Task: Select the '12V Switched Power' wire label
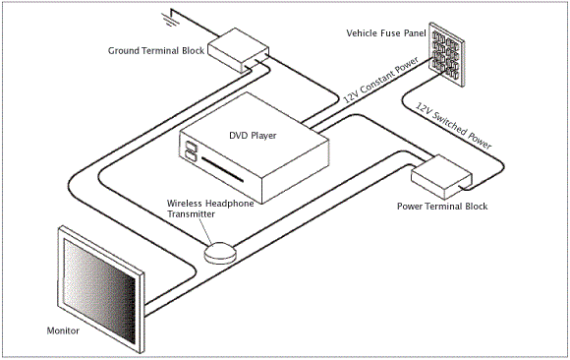coord(453,125)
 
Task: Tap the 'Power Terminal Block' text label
coord(441,207)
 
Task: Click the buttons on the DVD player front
coord(190,152)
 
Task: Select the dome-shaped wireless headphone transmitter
coord(220,252)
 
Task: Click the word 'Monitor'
coord(63,331)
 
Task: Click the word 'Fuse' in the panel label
coord(397,32)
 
